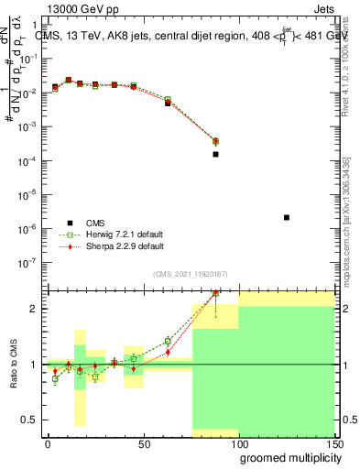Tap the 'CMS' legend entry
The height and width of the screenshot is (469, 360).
(96, 222)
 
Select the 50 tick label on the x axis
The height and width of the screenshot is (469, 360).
(143, 443)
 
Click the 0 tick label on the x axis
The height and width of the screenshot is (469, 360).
(48, 443)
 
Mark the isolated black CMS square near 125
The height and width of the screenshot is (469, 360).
(287, 217)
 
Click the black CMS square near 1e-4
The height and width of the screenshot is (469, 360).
(215, 154)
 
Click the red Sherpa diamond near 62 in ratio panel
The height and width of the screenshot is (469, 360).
(168, 352)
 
